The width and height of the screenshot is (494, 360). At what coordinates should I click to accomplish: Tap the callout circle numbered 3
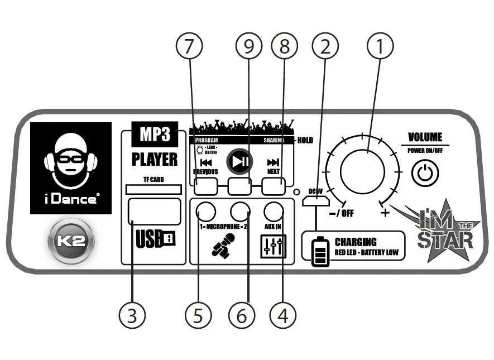[132, 316]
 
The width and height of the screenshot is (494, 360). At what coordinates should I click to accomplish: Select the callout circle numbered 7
[190, 47]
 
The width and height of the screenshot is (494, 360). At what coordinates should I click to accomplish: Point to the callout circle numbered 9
[248, 47]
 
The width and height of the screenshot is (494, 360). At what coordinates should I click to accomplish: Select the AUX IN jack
[274, 211]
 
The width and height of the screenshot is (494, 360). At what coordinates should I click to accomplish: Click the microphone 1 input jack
[206, 211]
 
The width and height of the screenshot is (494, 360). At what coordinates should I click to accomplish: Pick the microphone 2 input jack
[241, 211]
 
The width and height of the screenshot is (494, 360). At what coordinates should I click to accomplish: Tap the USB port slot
[154, 212]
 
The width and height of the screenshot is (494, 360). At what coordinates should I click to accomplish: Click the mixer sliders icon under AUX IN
[274, 246]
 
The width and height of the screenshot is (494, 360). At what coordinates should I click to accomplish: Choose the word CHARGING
[356, 242]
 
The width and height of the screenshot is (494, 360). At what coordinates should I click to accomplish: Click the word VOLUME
[425, 137]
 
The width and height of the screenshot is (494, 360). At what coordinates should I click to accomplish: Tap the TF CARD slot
[154, 190]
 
